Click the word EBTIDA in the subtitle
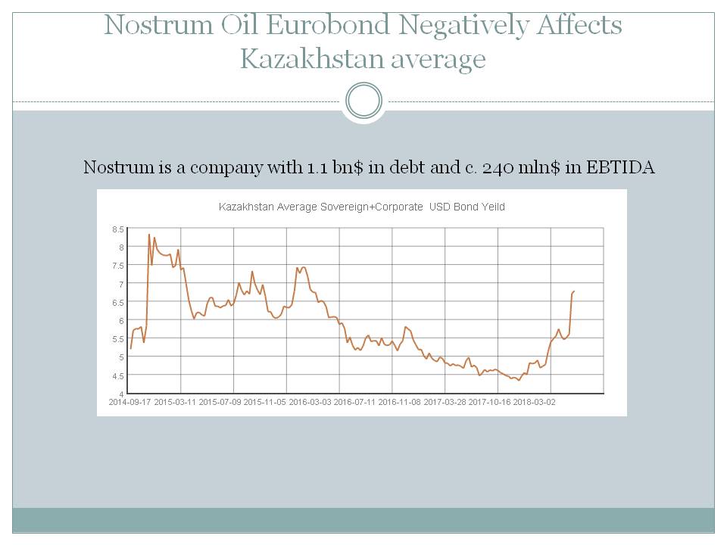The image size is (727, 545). click(x=621, y=167)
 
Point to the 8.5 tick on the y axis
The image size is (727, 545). click(x=118, y=229)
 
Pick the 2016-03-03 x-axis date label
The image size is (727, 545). click(x=310, y=402)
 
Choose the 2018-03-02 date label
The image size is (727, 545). click(x=534, y=402)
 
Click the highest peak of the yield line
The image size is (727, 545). click(x=149, y=235)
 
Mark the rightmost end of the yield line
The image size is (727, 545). click(x=574, y=291)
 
